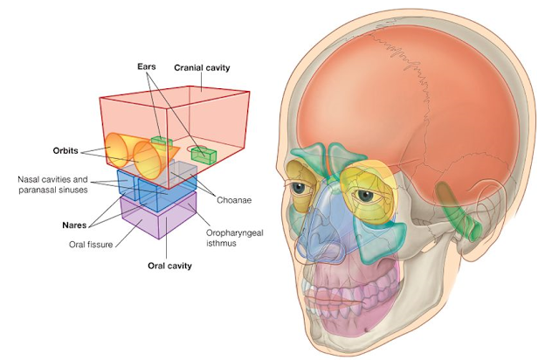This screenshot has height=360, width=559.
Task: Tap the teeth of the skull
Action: pos(349,288)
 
